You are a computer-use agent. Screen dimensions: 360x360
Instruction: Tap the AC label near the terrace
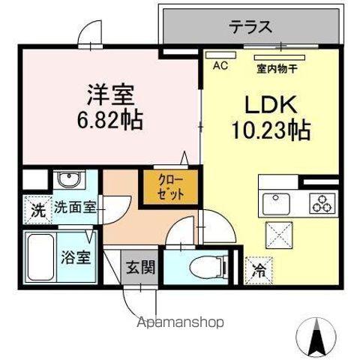[x=220, y=66]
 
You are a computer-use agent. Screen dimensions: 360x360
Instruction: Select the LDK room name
[x=264, y=104]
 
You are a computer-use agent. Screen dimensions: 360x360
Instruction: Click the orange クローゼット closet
[x=162, y=187]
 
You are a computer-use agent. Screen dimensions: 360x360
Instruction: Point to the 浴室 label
[x=76, y=256]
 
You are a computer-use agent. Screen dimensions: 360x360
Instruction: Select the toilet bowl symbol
[x=194, y=267]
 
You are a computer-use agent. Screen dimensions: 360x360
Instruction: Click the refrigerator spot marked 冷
[x=257, y=267]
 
